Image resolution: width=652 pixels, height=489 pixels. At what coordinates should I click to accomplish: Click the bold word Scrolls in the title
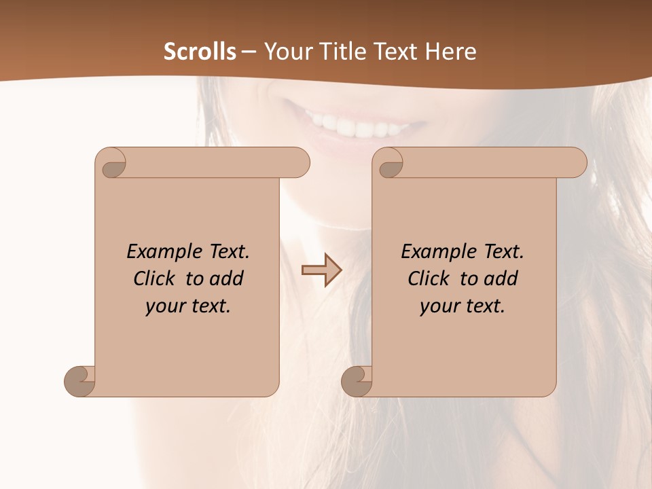tap(200, 52)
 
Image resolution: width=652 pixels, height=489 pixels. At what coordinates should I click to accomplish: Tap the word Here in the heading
tap(451, 52)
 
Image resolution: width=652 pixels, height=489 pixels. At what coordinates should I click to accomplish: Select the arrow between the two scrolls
tap(321, 270)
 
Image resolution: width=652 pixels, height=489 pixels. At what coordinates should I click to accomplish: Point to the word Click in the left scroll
tap(156, 278)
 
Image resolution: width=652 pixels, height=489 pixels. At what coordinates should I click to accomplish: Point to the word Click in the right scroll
tap(429, 278)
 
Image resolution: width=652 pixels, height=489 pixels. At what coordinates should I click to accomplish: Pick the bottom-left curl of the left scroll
tap(79, 380)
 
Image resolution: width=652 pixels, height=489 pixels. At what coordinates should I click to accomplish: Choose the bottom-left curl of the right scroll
tap(357, 380)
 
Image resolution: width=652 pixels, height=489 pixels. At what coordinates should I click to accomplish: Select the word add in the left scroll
tap(228, 278)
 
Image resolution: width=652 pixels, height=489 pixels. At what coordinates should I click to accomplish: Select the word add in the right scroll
tap(502, 278)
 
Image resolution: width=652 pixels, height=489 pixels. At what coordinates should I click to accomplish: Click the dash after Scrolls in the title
tap(249, 52)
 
